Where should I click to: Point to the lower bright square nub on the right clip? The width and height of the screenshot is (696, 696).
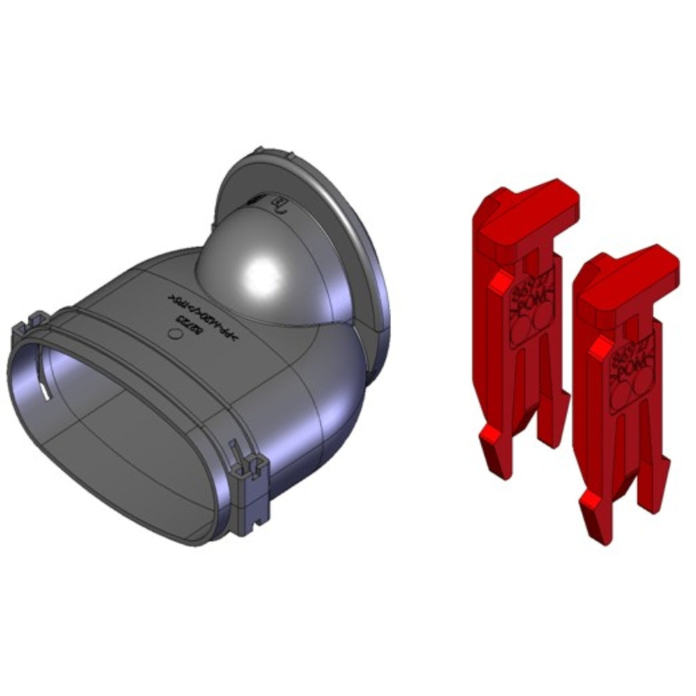point(590,498)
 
